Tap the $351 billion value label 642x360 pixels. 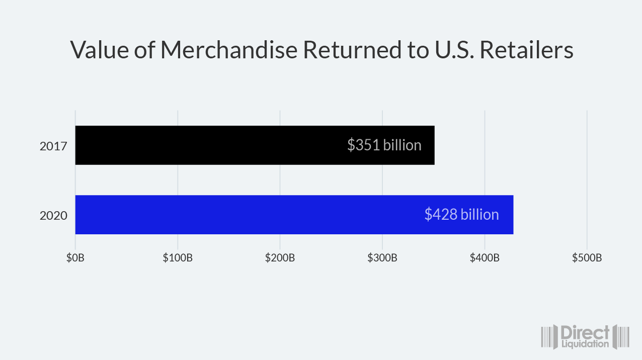pos(384,145)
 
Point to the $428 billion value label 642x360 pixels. pos(461,215)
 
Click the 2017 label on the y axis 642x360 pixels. pos(53,146)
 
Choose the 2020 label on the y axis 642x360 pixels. pos(53,216)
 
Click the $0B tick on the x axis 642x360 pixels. pos(75,258)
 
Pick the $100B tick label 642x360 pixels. pos(178,258)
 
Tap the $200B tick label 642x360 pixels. pos(280,258)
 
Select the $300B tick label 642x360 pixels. pos(382,258)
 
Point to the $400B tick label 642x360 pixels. pos(485,258)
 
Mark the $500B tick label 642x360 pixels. pos(587,258)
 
